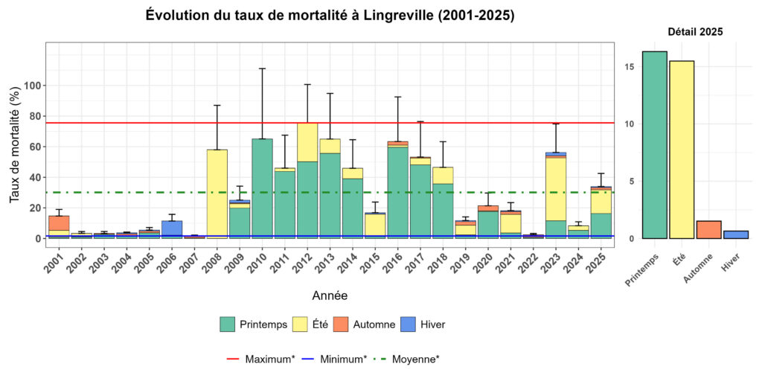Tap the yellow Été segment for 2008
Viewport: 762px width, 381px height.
[x=217, y=193]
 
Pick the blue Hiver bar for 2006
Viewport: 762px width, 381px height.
[x=172, y=229]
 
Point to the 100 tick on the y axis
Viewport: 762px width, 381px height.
[x=31, y=86]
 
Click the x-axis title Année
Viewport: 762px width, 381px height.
[x=329, y=295]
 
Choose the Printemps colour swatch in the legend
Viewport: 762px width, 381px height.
[x=228, y=324]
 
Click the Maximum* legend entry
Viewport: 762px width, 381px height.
[x=260, y=359]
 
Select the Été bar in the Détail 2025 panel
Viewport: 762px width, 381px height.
[x=682, y=150]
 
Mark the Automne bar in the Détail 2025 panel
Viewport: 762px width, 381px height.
[x=708, y=230]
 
